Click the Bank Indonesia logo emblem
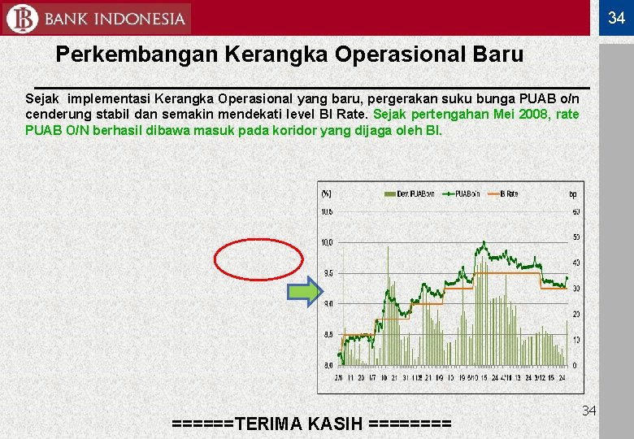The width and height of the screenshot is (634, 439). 20,19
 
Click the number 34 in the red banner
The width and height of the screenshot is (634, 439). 616,19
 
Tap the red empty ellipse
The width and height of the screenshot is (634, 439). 258,259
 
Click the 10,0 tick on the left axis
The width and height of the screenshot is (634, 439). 326,242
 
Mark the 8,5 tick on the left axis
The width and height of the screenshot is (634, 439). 327,334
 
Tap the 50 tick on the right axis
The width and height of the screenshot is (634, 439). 576,237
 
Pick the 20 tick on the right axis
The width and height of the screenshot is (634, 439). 576,314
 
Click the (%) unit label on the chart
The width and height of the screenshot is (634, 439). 326,193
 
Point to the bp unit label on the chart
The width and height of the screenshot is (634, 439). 573,193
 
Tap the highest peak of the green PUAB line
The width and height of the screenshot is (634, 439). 484,241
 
